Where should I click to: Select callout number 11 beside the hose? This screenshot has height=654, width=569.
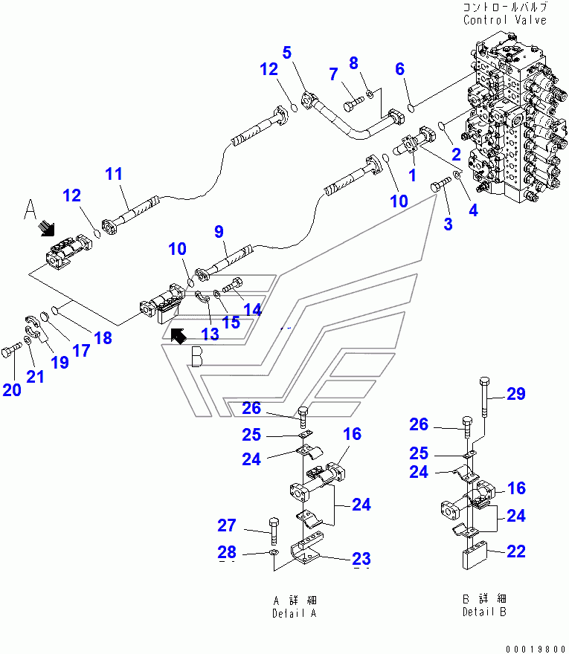pos(113,175)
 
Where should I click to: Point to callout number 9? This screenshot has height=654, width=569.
pos(219,232)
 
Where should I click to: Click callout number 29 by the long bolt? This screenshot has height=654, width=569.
pos(516,395)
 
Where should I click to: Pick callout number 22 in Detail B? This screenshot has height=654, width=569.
pos(516,551)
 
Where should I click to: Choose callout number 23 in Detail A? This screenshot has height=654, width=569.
pos(361,559)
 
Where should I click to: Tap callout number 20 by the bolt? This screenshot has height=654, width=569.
pos(12,389)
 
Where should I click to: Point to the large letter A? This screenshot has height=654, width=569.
pos(30,210)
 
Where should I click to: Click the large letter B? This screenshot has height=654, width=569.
pos(196,358)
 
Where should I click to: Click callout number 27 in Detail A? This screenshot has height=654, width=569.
pos(227,526)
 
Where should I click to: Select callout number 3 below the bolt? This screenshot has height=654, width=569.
pos(447,224)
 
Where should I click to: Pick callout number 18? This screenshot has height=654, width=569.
pos(103,338)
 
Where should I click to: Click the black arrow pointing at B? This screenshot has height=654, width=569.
pos(179,336)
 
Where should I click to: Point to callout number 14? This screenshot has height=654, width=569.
pos(252,309)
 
